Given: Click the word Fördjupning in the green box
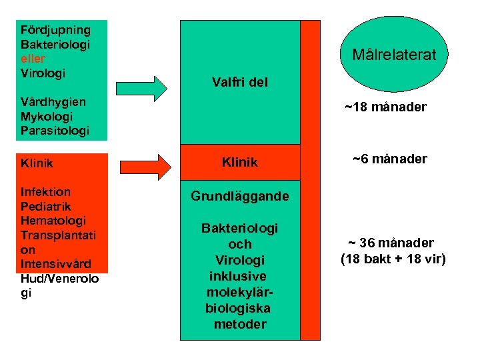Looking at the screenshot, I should point(55,30).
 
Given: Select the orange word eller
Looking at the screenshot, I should point(34,58).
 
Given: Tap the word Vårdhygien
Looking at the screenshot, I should point(53,102).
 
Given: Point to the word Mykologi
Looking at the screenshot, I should point(46,116).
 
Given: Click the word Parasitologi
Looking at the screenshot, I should point(55,131).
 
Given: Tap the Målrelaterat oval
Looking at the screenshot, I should point(393,54).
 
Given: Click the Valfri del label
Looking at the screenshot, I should point(240,83).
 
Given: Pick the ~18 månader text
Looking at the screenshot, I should point(385,107).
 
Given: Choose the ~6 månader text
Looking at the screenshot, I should point(390,159).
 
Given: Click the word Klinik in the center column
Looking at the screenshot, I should point(239,163).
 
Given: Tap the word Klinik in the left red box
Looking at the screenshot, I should point(37,163).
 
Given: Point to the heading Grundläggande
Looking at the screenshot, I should point(240,196).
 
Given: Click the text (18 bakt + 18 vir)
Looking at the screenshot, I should point(393,259).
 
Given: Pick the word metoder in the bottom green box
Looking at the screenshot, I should point(240,325).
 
